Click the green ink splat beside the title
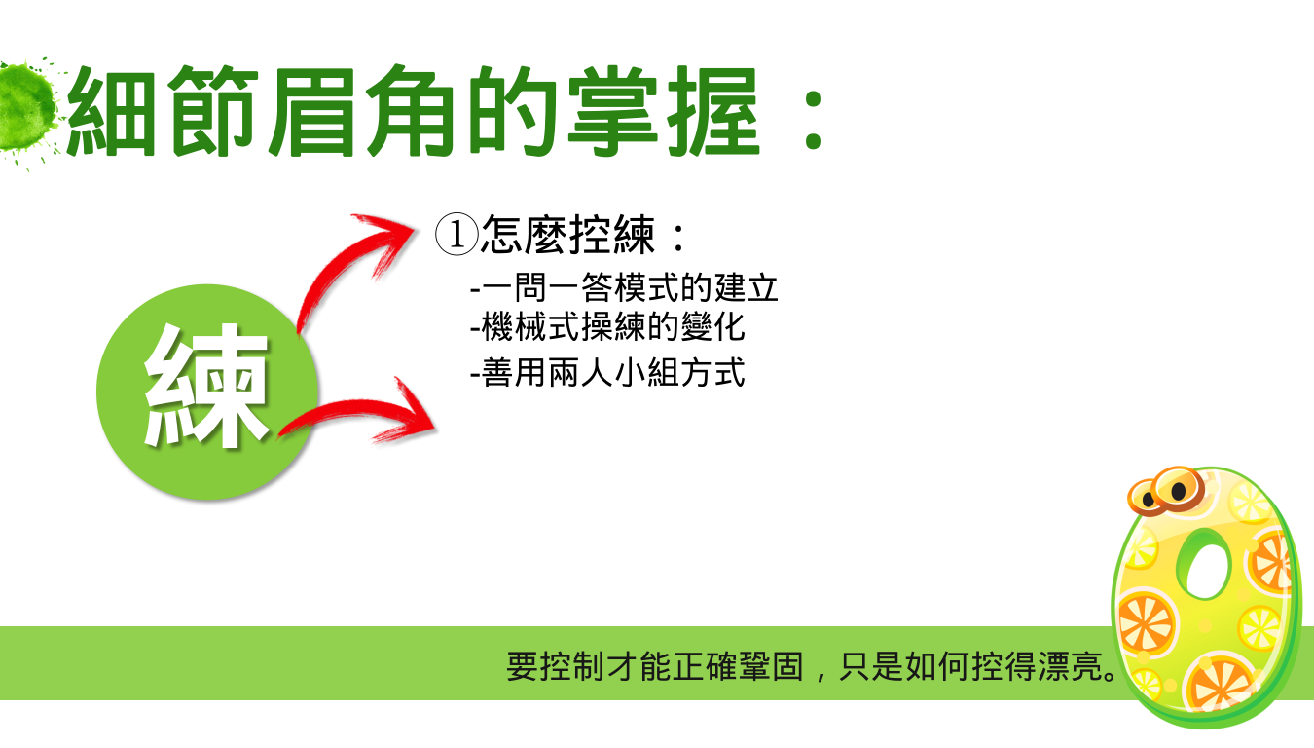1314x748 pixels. (x=26, y=109)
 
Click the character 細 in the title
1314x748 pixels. (x=112, y=112)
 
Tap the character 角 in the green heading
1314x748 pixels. (x=411, y=112)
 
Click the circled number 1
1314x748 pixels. (x=456, y=235)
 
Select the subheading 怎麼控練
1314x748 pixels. (x=567, y=235)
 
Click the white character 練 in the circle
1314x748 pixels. (x=206, y=385)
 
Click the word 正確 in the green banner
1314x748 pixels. (x=705, y=666)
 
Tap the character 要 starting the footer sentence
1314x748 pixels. (x=522, y=666)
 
